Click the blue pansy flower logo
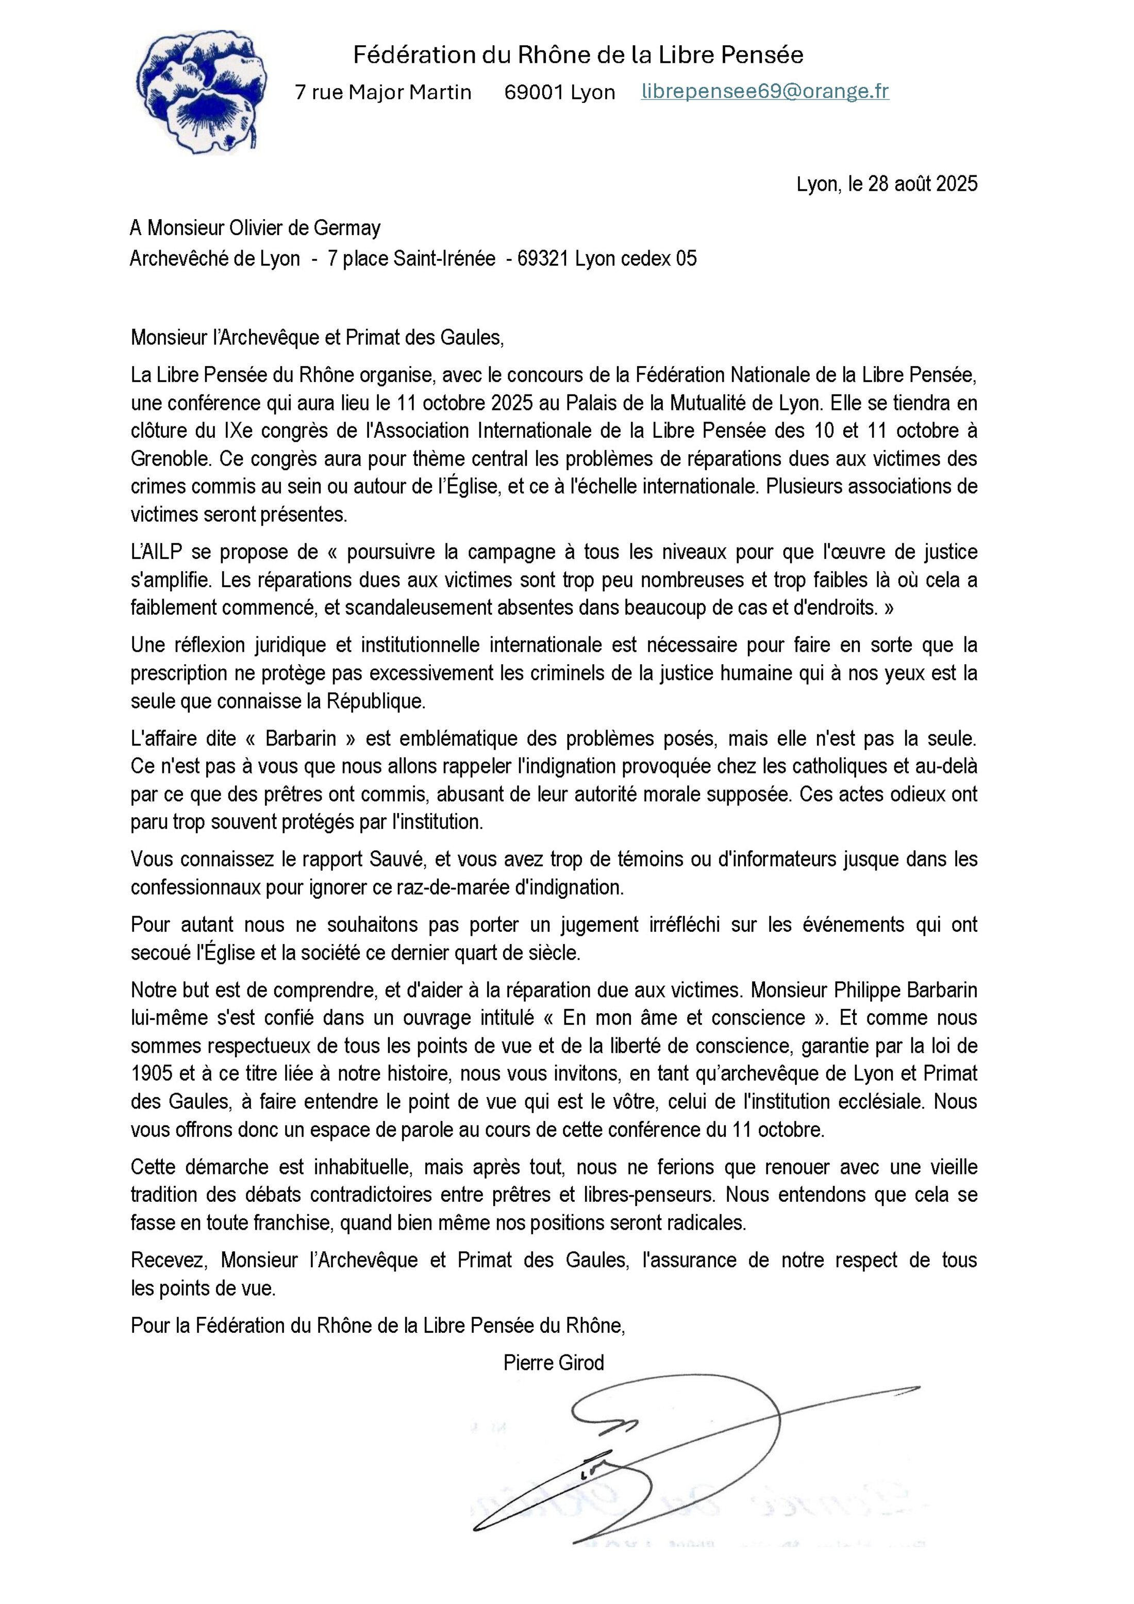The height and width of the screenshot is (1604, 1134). (x=201, y=91)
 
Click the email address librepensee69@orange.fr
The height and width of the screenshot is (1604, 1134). (x=764, y=92)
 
